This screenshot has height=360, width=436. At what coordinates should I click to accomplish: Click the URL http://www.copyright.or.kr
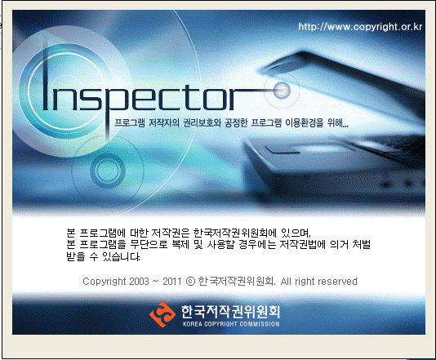click(360, 27)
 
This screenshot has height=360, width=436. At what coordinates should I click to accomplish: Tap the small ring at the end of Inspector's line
click(282, 90)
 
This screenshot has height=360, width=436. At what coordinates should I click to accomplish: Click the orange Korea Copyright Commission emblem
click(162, 314)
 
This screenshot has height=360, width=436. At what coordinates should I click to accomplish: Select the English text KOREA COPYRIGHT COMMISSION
click(231, 324)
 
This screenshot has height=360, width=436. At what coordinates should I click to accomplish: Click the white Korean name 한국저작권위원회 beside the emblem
click(231, 311)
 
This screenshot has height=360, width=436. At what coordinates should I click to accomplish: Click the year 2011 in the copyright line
click(171, 282)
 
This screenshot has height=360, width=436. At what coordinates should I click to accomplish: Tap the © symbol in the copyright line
click(190, 282)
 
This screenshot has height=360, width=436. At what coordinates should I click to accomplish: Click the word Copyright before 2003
click(105, 282)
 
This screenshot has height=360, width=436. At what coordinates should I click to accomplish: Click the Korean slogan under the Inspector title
click(231, 122)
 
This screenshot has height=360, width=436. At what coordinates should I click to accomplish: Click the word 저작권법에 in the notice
click(302, 244)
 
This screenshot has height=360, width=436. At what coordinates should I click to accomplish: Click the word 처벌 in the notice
click(361, 244)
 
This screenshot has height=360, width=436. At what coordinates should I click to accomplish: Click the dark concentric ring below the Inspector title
click(108, 171)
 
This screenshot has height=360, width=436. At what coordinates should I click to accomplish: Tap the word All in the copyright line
click(286, 282)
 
